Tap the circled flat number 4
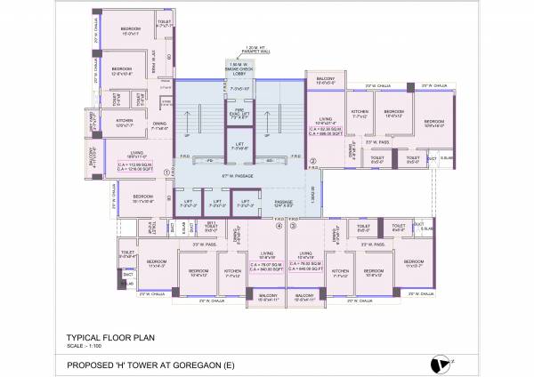point(279,226)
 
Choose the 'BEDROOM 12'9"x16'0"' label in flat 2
point(433,124)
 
